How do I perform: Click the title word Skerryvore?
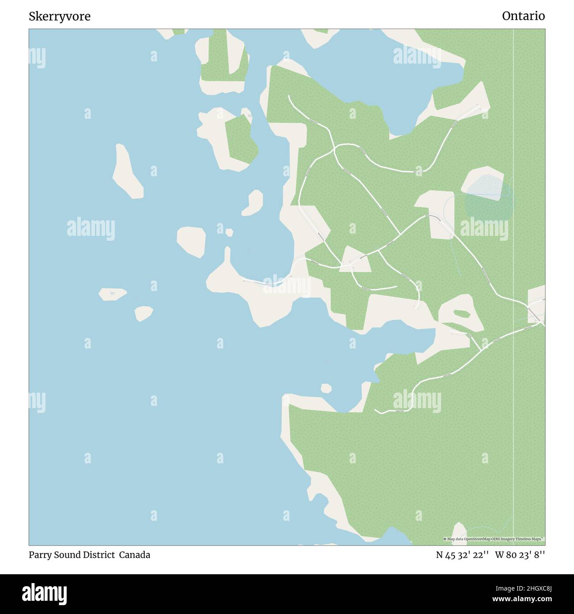60,16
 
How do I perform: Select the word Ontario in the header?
523,16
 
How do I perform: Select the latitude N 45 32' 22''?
462,555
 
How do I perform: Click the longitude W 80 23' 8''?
520,555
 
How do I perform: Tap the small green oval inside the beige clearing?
461,314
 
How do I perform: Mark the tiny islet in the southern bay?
326,388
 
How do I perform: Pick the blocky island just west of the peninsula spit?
191,241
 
